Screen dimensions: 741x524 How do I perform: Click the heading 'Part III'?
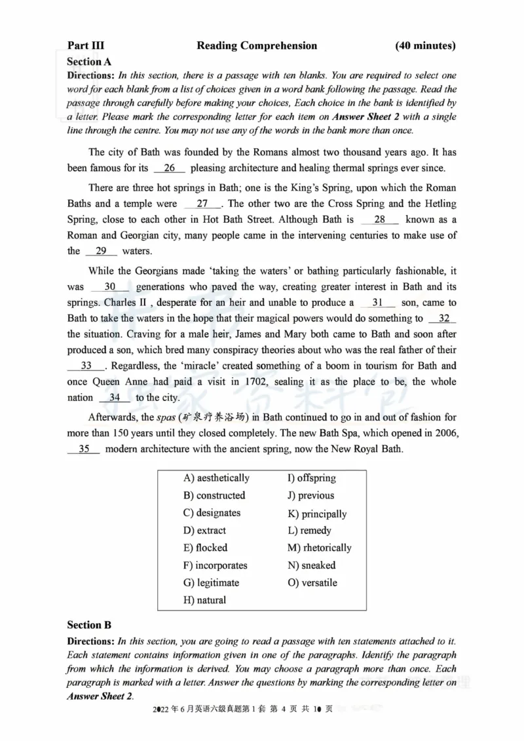tap(86, 46)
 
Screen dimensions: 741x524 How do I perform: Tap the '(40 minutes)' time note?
tap(425, 46)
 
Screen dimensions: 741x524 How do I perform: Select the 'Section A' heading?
tap(89, 62)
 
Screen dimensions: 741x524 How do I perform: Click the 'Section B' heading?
tap(89, 625)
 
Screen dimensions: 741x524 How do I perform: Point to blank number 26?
tap(170, 168)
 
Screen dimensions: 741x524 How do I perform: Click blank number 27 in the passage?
tap(202, 204)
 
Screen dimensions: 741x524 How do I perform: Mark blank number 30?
tap(110, 287)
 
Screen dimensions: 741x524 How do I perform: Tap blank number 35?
tap(84, 449)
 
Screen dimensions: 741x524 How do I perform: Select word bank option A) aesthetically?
tap(216, 478)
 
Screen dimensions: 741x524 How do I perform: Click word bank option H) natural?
tap(204, 600)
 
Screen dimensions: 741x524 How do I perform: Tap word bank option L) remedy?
tap(309, 531)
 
